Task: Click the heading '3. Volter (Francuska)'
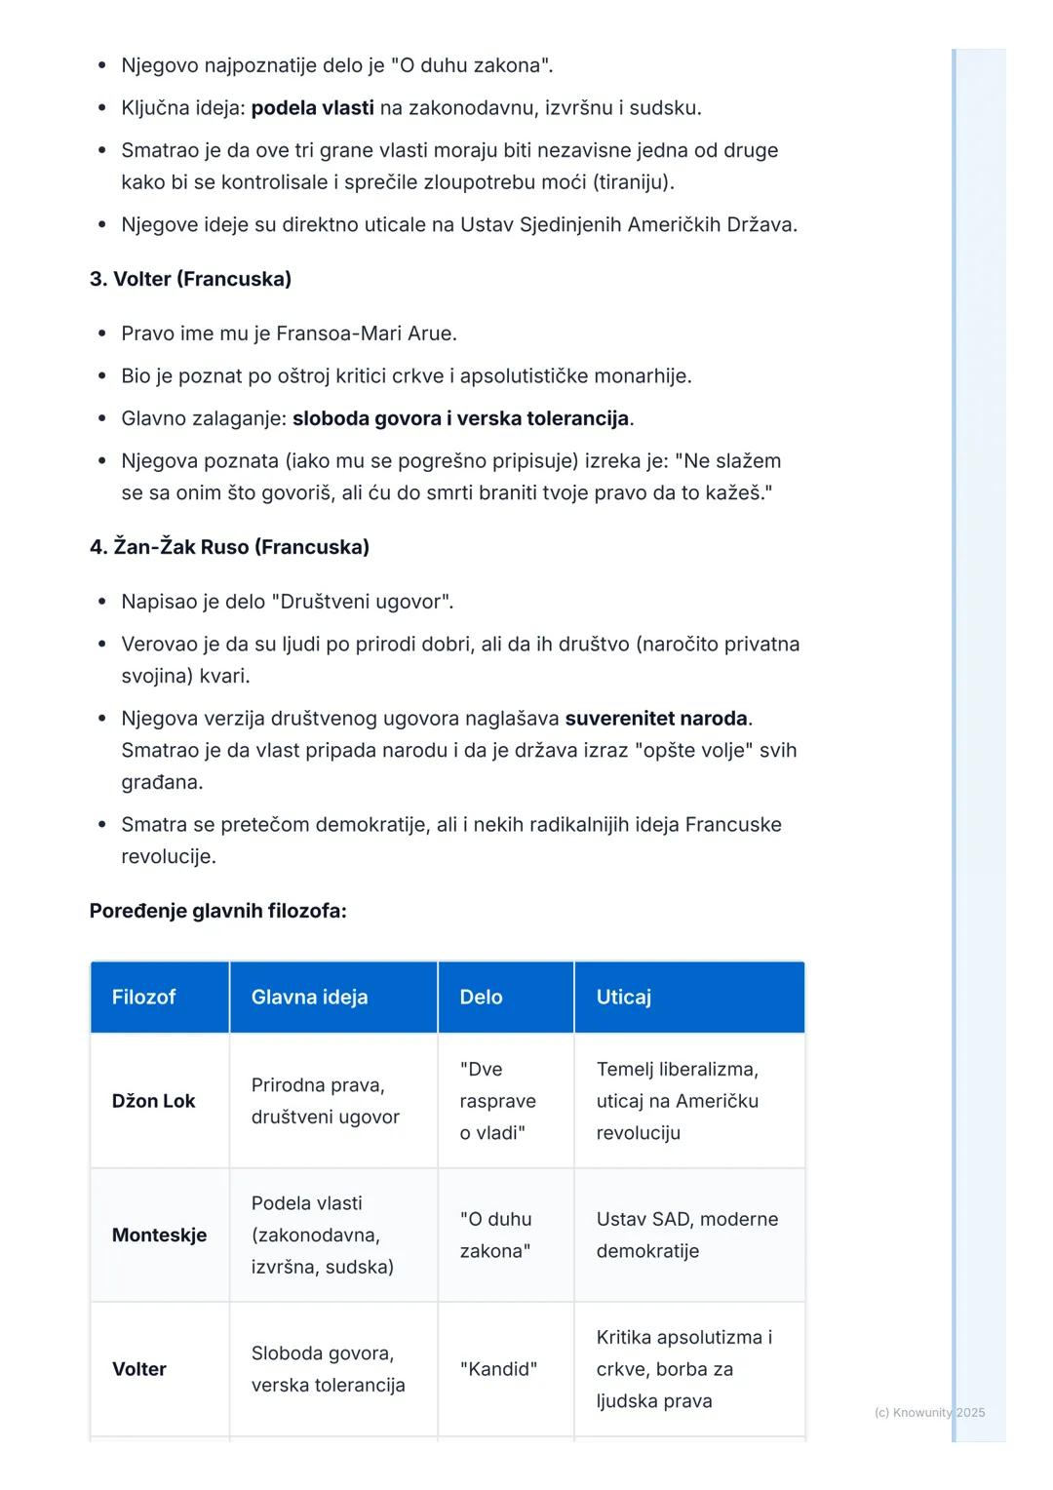190,279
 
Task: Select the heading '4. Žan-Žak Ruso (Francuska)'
229,547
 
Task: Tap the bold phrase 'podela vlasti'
312,108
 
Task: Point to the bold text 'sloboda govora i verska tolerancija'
460,419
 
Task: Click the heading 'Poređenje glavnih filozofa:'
217,911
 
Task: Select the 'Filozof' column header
144,997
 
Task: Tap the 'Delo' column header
481,997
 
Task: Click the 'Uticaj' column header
623,997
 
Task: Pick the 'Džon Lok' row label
153,1101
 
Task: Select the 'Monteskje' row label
159,1235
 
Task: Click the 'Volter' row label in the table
139,1369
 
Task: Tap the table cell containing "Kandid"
498,1369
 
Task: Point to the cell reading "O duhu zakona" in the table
496,1235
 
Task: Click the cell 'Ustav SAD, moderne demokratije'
686,1235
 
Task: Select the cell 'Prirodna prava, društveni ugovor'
325,1101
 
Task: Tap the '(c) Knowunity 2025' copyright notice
929,1412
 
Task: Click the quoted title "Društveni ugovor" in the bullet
367,602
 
